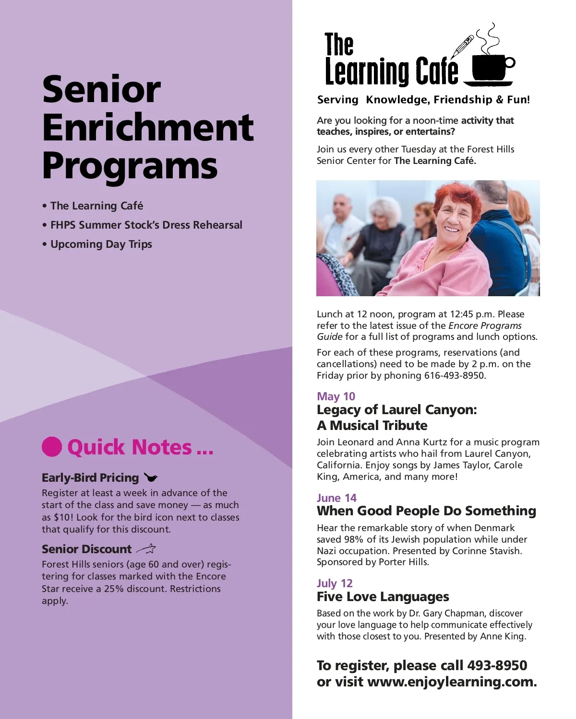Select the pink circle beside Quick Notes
[52, 447]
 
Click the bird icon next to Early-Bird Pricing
[151, 477]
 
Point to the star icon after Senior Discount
[146, 549]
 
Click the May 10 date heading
[336, 396]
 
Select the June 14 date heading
[336, 498]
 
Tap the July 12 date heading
[335, 583]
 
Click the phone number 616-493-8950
[454, 375]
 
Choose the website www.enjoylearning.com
[451, 682]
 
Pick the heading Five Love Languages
[383, 597]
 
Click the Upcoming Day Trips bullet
[101, 244]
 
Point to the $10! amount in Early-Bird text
[63, 517]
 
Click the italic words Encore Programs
[485, 325]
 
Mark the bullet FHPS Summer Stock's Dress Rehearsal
[146, 225]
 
